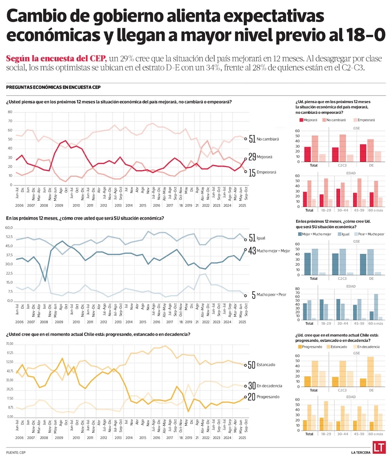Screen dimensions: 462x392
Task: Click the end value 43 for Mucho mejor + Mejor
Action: coord(252,250)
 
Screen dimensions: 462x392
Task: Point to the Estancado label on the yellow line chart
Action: coord(266,365)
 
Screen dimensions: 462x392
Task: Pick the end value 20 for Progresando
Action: coord(252,397)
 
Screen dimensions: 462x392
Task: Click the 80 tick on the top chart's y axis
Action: coord(11,112)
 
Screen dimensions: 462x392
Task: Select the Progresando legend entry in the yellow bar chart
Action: coord(312,347)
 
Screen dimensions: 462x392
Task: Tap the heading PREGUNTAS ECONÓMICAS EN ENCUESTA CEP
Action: coord(53,87)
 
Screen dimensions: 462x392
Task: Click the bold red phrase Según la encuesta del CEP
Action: coord(56,59)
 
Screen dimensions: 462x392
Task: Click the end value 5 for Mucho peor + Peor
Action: coord(254,295)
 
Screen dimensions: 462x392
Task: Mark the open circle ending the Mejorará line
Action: coord(246,159)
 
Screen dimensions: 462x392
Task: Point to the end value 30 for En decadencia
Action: coord(252,386)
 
